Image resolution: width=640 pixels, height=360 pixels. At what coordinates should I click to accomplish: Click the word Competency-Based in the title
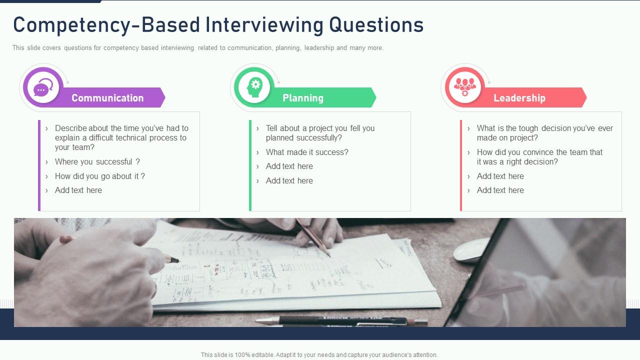coord(106,25)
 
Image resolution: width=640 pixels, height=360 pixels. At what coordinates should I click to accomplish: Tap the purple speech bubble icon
coord(43,87)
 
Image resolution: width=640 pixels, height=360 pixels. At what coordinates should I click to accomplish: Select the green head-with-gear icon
coord(254,87)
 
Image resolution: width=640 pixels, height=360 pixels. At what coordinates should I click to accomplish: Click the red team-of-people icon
coord(465,87)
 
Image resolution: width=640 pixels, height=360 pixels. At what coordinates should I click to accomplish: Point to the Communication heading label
coord(107,98)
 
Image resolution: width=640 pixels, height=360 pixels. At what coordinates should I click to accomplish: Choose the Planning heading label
coord(303,98)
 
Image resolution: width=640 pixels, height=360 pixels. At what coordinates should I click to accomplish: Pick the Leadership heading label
coord(519,98)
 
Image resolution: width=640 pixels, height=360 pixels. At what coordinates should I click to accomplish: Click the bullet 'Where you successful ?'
coord(97,161)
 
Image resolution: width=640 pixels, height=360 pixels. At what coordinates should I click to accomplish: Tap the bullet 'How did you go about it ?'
coord(100,176)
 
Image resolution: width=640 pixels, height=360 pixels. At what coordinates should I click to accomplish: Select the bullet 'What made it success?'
coord(307,152)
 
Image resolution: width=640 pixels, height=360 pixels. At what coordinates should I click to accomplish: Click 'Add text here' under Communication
coord(78,190)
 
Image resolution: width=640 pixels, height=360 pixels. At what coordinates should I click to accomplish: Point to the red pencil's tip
coord(330,256)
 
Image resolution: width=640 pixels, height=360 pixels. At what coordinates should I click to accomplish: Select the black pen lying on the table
coord(342,321)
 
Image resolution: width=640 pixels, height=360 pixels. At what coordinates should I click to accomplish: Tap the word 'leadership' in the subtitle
coord(319,48)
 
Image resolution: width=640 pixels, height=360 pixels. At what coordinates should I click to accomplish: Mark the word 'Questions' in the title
coord(376,25)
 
